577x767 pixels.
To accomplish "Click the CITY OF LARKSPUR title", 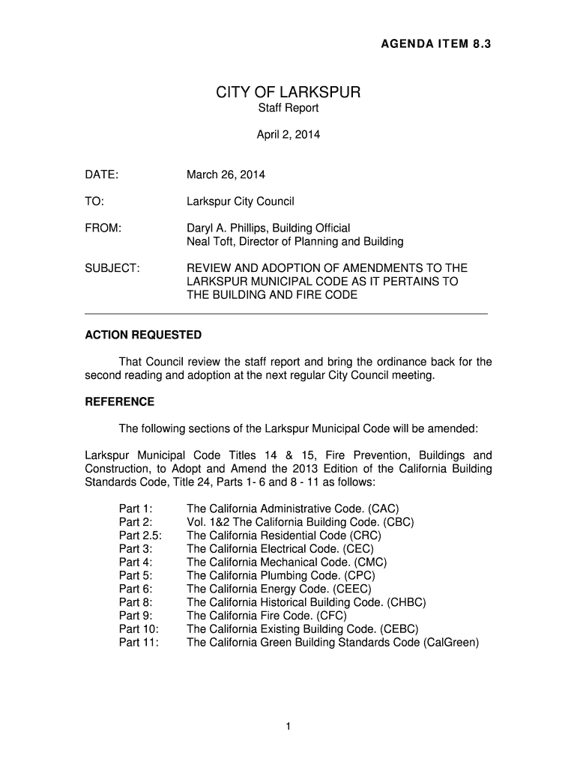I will coord(288,93).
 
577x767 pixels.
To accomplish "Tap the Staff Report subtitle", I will coord(288,109).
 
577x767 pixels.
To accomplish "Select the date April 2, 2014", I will coord(288,136).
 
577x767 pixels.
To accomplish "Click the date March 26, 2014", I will coord(226,175).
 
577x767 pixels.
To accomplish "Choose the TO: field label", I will coord(94,201).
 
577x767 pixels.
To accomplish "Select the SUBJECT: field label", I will coord(112,268).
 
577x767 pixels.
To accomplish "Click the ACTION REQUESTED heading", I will coord(143,335).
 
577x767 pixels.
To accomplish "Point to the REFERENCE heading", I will coord(119,402).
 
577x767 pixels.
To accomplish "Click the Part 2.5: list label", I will coord(140,536).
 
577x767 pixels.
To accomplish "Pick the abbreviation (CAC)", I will coord(384,509).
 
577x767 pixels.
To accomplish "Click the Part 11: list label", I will coord(139,643).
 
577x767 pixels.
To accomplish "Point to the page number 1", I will coord(288,726).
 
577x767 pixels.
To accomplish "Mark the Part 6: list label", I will coord(136,589).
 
